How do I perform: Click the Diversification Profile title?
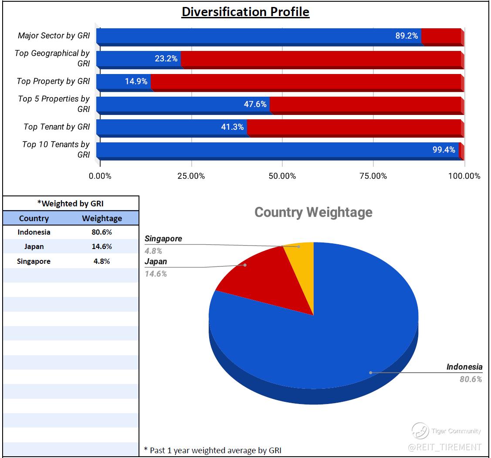click(245, 12)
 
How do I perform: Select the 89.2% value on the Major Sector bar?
click(406, 36)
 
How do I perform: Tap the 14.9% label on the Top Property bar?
click(136, 81)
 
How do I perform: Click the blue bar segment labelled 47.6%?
click(183, 104)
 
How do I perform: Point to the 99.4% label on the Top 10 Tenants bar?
click(444, 150)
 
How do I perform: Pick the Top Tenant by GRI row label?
click(57, 127)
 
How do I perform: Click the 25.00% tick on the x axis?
click(191, 176)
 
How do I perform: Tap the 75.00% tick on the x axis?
click(373, 176)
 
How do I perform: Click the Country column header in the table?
click(34, 218)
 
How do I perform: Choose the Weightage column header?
click(102, 218)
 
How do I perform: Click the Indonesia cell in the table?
click(34, 232)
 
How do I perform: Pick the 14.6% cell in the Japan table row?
click(102, 246)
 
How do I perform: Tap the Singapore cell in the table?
click(34, 261)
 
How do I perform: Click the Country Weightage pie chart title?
click(313, 212)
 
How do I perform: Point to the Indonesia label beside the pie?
click(464, 367)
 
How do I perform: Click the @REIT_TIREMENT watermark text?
click(445, 447)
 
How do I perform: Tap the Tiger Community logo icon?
click(420, 431)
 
